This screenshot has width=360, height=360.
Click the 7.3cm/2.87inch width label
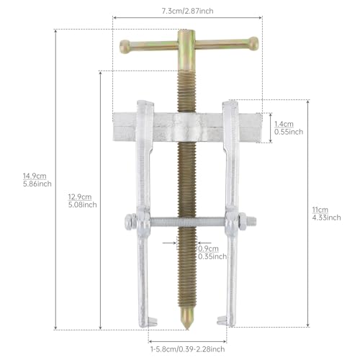(x=187, y=11)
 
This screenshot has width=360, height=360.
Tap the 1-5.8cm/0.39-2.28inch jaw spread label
(x=188, y=349)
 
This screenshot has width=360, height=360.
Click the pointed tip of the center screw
(x=188, y=328)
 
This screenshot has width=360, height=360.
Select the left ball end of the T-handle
(x=125, y=47)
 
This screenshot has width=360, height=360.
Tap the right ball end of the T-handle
(x=253, y=43)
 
